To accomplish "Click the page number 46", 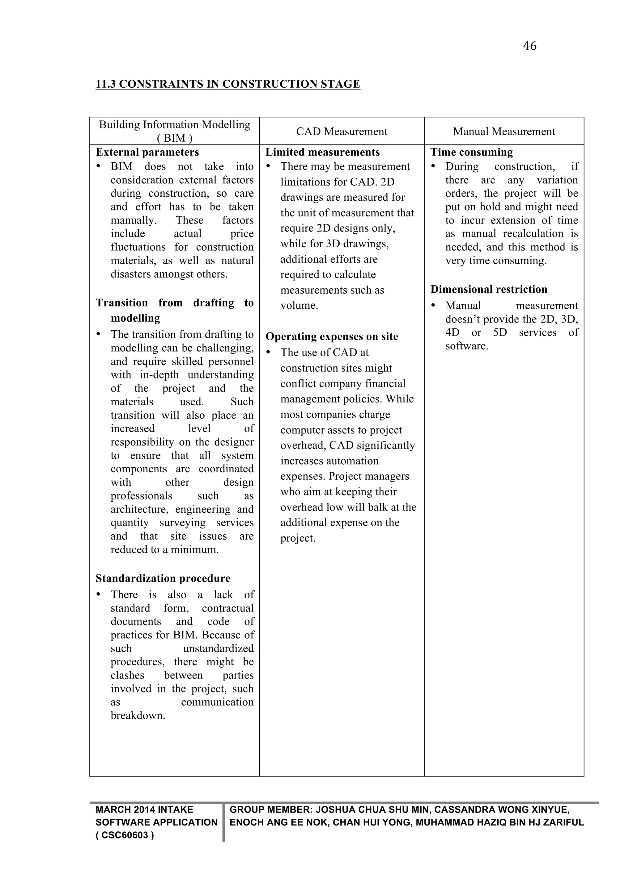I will [x=529, y=46].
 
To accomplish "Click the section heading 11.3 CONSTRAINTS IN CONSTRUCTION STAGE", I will [x=227, y=84].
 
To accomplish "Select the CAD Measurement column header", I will [x=342, y=132].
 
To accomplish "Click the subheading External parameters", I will [x=147, y=152].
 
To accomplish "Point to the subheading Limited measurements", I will [x=322, y=152].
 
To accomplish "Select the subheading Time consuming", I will [x=472, y=152].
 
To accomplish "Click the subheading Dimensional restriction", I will [x=489, y=289].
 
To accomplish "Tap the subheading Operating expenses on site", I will [x=332, y=336].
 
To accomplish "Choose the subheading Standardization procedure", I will [x=163, y=578].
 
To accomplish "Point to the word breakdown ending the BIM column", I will [x=138, y=716].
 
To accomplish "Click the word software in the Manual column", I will [x=467, y=346].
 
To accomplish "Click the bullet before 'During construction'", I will [x=433, y=167].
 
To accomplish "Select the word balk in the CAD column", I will [x=381, y=508].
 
